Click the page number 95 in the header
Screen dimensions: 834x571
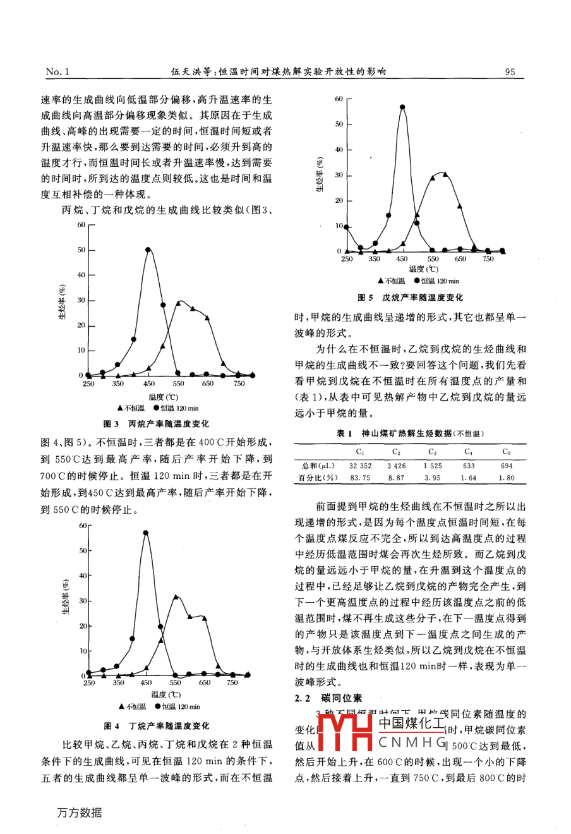510,72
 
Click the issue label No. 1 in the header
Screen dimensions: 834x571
57,72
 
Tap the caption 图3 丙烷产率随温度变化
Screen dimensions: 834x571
156,424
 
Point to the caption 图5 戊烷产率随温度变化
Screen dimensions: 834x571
410,297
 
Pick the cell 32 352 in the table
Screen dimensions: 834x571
360,466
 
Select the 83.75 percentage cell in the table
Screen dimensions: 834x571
360,478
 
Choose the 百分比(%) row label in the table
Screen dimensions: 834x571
318,478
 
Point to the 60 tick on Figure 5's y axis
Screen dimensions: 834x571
339,99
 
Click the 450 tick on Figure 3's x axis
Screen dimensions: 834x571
148,384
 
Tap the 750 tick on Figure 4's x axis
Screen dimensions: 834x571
232,683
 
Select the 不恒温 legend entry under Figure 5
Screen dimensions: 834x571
391,281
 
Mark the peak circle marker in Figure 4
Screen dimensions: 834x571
146,533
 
